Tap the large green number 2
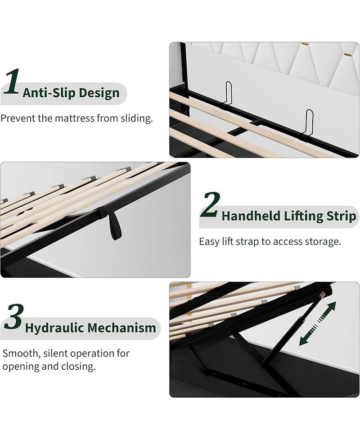210,204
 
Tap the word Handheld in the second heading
251,216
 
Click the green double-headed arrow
317,323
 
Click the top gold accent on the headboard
305,44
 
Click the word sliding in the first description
136,118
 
